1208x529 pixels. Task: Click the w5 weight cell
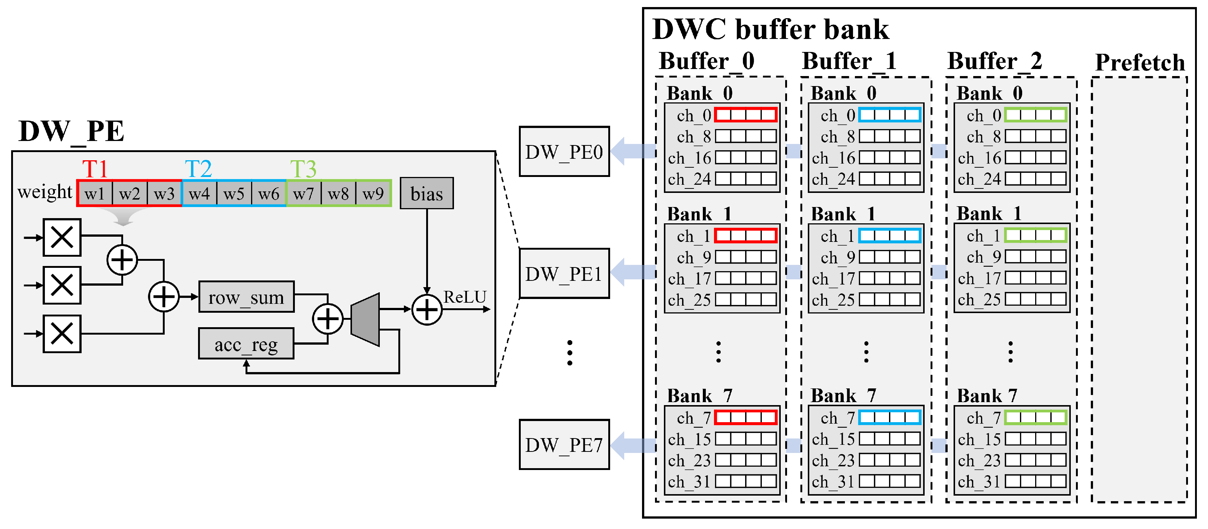[234, 193]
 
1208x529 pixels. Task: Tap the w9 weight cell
[373, 193]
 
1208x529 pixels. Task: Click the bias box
[427, 193]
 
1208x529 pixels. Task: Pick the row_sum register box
[247, 297]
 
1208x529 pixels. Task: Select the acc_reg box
[246, 344]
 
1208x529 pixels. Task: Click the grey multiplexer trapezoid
[365, 320]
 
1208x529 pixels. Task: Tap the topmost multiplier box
[62, 237]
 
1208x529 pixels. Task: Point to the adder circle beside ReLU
[427, 309]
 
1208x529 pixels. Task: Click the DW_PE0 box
[564, 151]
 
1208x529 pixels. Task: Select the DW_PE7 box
[564, 444]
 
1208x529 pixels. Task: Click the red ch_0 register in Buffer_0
[745, 115]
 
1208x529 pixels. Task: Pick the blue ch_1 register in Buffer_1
[889, 236]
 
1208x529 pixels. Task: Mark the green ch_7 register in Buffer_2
[1036, 417]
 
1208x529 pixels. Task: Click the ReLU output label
[465, 297]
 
